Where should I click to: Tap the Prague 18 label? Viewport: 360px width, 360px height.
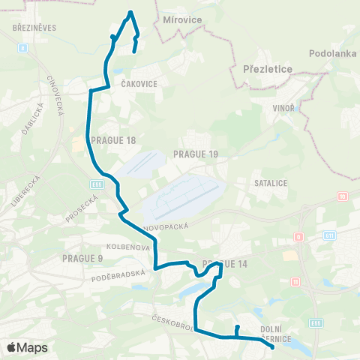click(112, 139)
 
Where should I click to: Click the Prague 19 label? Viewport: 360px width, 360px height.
click(195, 154)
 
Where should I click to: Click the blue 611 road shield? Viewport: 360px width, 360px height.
click(328, 235)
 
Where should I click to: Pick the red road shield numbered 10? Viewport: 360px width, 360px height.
click(342, 196)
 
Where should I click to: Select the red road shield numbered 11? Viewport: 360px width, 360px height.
click(295, 283)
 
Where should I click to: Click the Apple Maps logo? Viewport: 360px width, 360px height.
click(28, 347)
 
